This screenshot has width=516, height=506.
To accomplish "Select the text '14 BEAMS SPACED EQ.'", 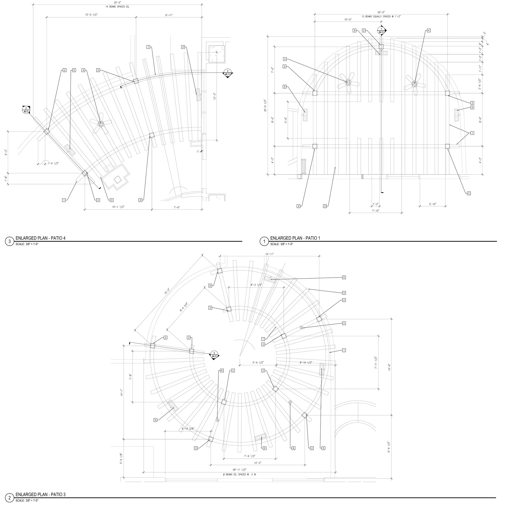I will click(x=117, y=6).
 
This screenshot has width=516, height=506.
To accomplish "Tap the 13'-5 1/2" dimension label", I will click(x=91, y=15).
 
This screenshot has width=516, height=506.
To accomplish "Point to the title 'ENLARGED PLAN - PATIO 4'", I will click(x=40, y=238).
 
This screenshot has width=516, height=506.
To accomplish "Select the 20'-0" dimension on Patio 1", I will click(x=381, y=12).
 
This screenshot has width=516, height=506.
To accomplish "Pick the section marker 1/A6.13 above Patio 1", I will click(x=381, y=30).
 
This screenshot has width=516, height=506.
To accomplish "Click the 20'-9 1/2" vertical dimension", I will click(x=265, y=105).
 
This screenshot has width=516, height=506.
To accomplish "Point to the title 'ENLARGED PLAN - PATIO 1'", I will click(x=295, y=238).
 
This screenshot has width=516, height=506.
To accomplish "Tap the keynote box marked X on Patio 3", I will click(x=210, y=286).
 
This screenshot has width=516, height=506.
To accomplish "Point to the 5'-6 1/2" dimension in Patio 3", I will click(x=258, y=363).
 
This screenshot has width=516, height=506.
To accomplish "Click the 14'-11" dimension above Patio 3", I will click(x=269, y=254).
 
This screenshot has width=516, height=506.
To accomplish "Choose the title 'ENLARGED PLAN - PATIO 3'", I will click(x=40, y=495).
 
